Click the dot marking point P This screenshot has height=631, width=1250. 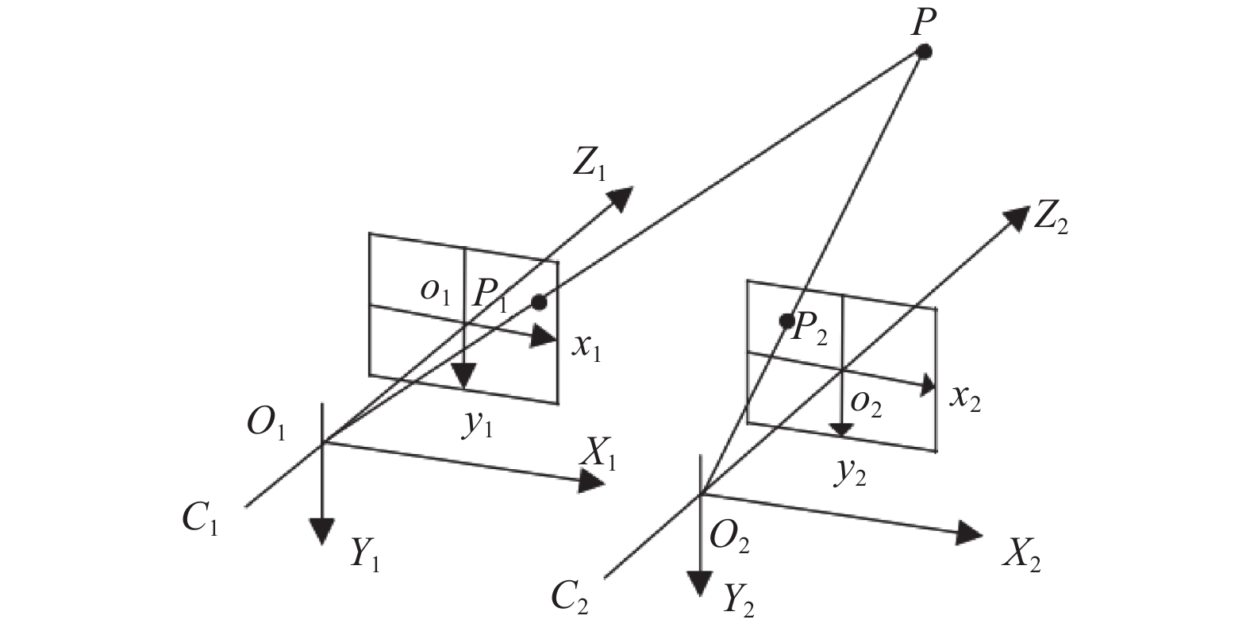click(x=925, y=52)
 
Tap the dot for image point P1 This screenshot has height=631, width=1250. click(x=539, y=302)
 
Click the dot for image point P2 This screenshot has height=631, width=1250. click(x=787, y=321)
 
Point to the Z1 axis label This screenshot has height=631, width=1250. click(x=589, y=164)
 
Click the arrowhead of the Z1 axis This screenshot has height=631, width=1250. click(x=621, y=198)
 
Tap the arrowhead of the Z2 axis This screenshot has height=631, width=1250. click(x=1017, y=217)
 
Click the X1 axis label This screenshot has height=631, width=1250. click(x=598, y=455)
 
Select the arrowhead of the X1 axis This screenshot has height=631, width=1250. click(x=591, y=481)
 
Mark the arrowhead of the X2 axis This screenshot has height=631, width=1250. click(x=969, y=533)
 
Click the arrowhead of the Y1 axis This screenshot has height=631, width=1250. click(x=322, y=530)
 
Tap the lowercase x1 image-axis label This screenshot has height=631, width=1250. click(x=586, y=348)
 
